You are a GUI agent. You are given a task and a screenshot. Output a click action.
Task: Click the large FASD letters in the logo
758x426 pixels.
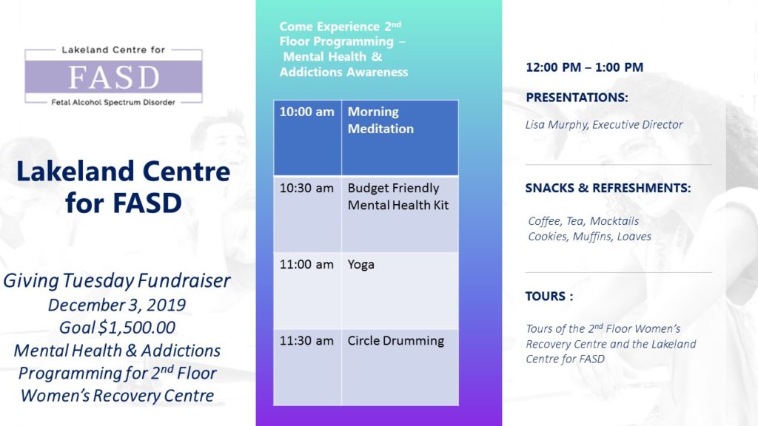[x=113, y=77]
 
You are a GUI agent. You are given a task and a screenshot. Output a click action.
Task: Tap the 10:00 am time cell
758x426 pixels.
[x=307, y=138]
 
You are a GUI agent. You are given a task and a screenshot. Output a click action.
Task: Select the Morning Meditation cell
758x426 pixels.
[x=400, y=138]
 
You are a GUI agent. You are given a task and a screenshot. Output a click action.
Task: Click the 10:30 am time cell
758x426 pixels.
[x=307, y=214]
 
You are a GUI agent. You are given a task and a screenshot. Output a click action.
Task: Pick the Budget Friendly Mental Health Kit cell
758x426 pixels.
[x=400, y=214]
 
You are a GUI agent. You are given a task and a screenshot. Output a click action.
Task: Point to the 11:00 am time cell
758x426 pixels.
[x=307, y=291]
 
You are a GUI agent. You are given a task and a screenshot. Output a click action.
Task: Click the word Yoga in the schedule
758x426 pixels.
[x=360, y=265]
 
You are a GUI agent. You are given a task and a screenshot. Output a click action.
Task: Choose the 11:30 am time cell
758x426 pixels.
[x=307, y=368]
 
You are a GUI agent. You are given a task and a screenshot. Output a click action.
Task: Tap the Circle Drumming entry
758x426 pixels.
[x=395, y=340]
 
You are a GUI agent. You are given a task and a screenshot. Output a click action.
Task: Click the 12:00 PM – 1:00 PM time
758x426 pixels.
[x=585, y=67]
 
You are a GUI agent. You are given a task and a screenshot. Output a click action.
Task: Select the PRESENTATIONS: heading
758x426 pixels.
[x=577, y=98]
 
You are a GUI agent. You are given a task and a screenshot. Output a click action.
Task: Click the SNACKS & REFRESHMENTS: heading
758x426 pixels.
[x=608, y=188]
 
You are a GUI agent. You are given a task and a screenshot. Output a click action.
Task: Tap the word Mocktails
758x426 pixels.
[x=614, y=220]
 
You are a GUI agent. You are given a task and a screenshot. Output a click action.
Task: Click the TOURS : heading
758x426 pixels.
[x=549, y=296]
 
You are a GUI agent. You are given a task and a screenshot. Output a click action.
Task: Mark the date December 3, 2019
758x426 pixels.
[x=117, y=305]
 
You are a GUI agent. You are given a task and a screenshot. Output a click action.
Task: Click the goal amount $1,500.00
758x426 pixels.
[x=137, y=328]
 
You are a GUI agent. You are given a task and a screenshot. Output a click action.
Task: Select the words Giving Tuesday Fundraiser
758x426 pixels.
[x=117, y=280]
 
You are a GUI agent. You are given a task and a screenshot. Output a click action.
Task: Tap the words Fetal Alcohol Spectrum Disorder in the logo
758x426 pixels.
[x=113, y=102]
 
